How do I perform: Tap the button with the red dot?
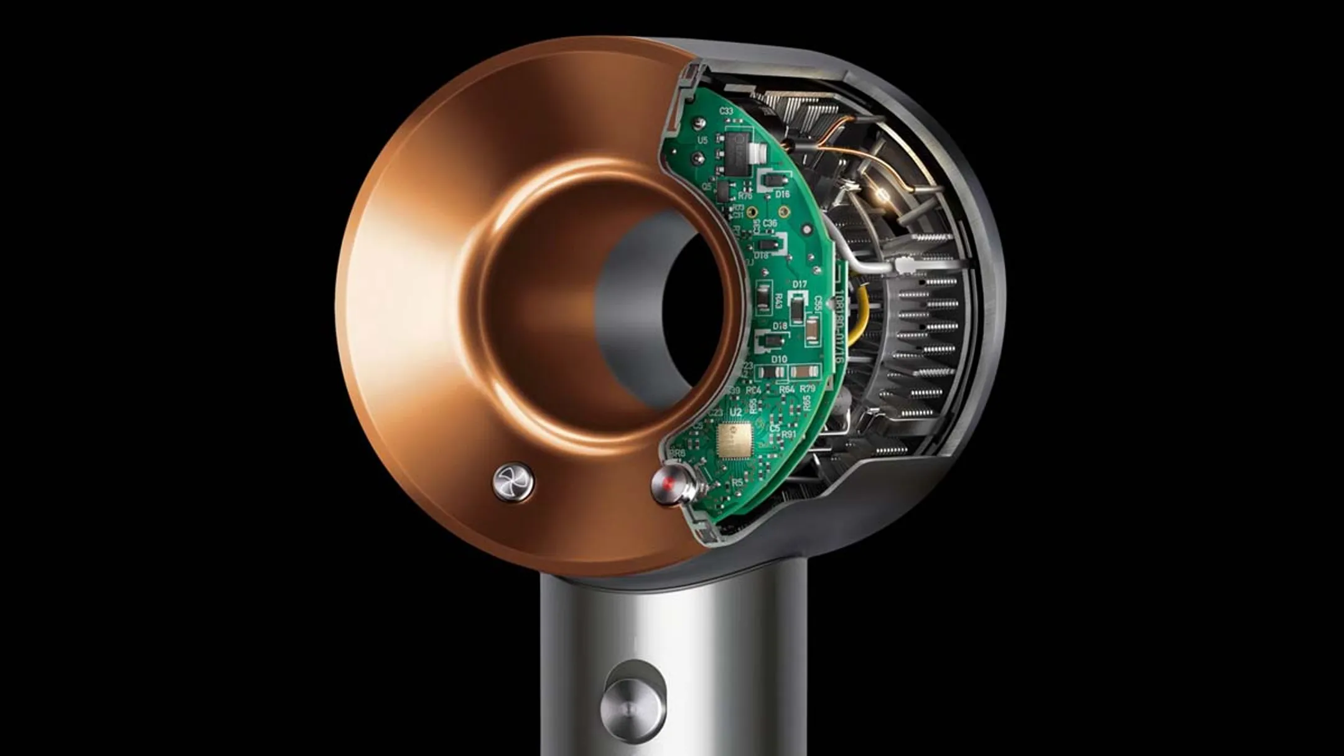coord(668,486)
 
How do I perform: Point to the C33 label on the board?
coord(726,111)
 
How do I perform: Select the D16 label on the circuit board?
coord(782,195)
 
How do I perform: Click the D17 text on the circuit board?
coord(800,284)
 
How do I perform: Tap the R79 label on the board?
coord(807,389)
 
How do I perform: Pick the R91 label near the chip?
coord(788,434)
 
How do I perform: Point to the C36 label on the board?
coord(770,223)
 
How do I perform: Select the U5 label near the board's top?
coord(702,140)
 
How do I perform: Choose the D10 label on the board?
coord(778,359)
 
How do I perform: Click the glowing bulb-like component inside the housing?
coord(882,197)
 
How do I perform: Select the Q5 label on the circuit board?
coord(706,185)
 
